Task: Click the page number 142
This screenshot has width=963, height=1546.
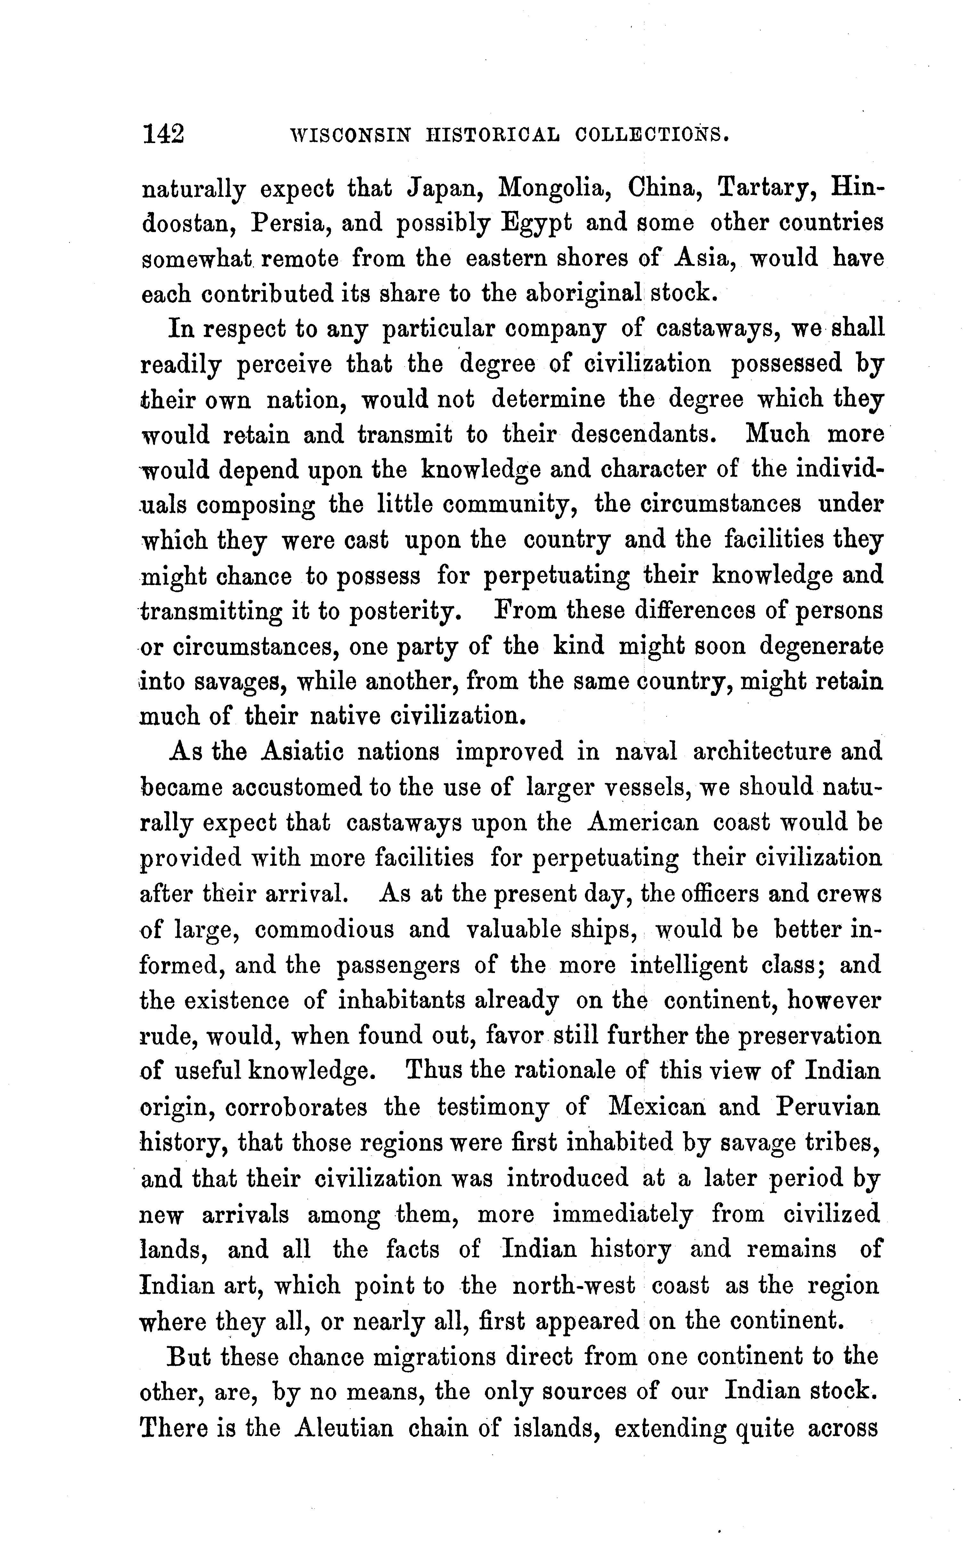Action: tap(164, 134)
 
